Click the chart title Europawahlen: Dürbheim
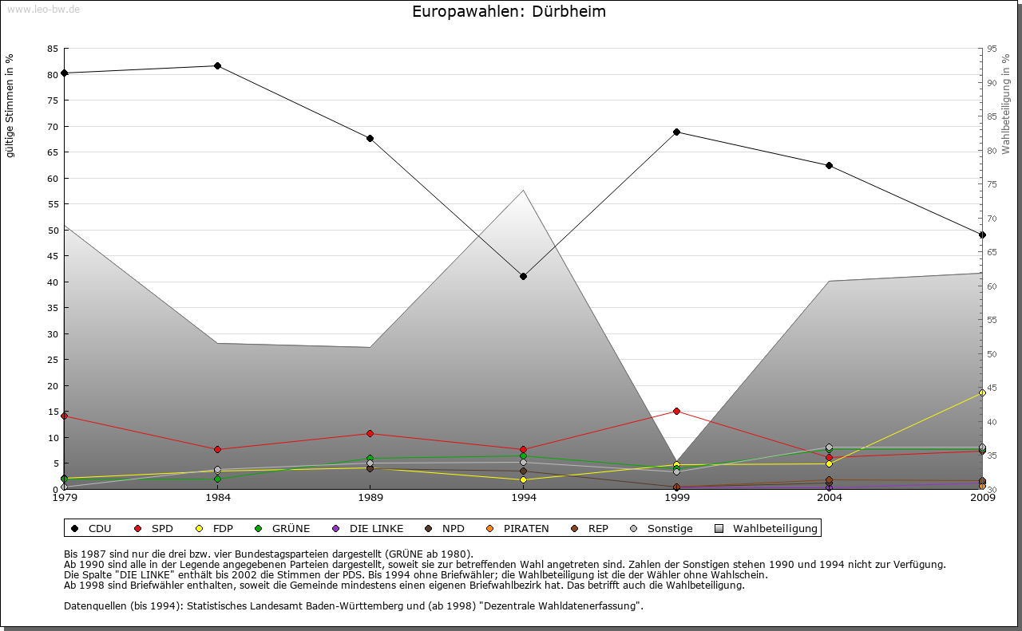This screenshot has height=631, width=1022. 509,12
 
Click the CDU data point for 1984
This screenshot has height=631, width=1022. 217,65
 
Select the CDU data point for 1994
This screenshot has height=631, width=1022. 523,276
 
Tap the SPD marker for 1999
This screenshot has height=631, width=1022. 676,411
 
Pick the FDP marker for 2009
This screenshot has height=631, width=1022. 982,392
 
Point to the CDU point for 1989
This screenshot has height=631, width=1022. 370,138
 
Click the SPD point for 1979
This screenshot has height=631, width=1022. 64,416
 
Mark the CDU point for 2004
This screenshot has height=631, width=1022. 829,165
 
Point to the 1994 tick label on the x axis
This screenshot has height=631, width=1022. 523,498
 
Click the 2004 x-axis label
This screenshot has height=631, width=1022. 829,498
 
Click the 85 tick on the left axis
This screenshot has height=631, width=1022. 52,49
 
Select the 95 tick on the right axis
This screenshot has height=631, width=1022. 992,49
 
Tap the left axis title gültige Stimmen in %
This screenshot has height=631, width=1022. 10,105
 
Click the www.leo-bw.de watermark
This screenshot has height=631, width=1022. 43,10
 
